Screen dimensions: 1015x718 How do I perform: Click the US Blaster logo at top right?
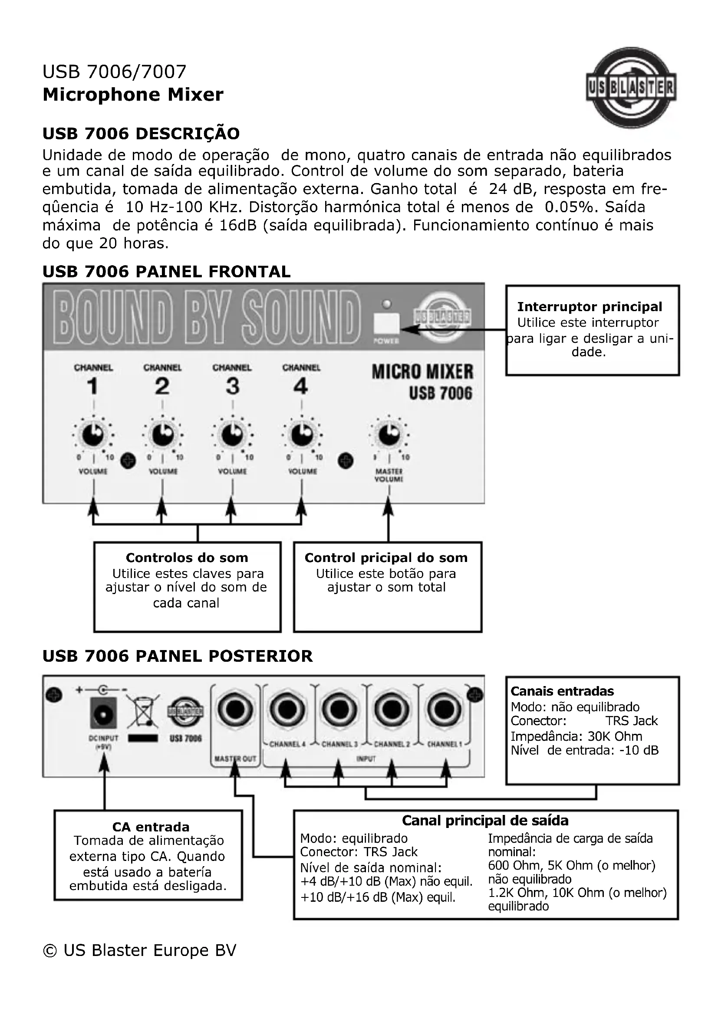(x=631, y=89)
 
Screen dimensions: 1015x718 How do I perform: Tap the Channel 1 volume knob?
(x=93, y=435)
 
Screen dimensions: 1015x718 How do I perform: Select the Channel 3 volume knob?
(x=232, y=435)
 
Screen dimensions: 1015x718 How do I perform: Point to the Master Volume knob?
(x=389, y=435)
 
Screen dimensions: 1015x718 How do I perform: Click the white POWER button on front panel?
(x=386, y=324)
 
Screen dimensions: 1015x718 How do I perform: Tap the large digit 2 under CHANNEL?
(x=162, y=386)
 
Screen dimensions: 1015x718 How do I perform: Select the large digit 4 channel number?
(x=301, y=386)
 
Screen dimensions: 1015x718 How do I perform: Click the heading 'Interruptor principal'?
(x=590, y=306)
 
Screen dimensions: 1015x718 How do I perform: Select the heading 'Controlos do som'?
(x=187, y=558)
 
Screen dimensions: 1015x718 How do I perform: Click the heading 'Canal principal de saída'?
(x=485, y=821)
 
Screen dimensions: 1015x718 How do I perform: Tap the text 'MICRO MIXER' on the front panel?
(x=422, y=372)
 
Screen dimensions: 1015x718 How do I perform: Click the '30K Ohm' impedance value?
(x=615, y=736)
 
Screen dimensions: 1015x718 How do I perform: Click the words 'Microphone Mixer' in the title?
(x=133, y=95)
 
